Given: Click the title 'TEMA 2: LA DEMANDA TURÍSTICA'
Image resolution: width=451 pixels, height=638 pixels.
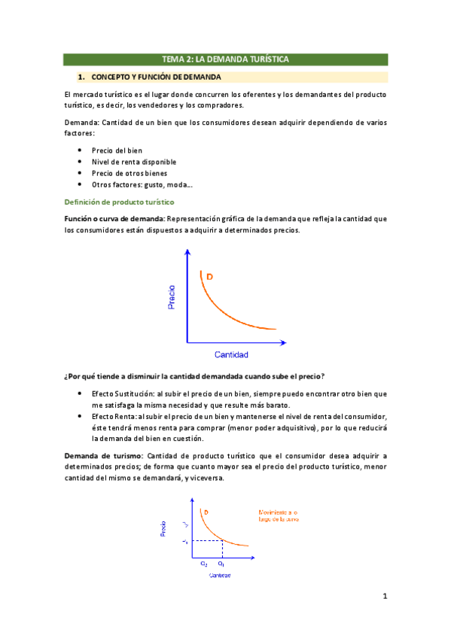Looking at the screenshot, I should (225, 59).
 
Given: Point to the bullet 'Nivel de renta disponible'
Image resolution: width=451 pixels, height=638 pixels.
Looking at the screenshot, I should (134, 162).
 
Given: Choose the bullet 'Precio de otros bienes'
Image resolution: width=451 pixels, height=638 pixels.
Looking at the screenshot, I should (130, 173).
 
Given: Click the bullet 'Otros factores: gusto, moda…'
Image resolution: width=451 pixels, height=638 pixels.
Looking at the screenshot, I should (142, 184).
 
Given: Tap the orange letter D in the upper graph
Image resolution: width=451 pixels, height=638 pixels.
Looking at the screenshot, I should (209, 278).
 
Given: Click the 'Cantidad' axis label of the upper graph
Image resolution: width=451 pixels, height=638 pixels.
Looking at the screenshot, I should (231, 354).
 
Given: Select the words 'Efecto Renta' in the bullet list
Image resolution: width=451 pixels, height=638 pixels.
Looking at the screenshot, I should (114, 416).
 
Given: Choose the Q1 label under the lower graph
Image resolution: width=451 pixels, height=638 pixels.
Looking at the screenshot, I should (221, 563).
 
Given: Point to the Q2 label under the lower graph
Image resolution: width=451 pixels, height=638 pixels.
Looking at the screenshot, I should (204, 563).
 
